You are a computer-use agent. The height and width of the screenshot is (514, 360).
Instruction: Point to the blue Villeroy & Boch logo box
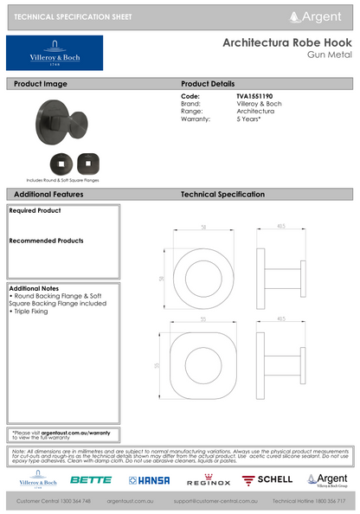pos(55,53)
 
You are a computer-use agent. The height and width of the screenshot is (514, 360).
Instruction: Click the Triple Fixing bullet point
pos(35,310)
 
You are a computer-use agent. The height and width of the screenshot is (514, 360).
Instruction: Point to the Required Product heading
pos(35,210)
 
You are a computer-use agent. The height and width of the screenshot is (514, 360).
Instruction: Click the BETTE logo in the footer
pos(90,479)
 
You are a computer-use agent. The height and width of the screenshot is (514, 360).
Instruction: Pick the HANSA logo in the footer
pos(151,479)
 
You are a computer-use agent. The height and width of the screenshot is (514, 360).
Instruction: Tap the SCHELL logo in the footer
pos(268,479)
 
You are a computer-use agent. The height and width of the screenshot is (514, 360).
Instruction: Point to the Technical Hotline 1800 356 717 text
pos(309,501)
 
